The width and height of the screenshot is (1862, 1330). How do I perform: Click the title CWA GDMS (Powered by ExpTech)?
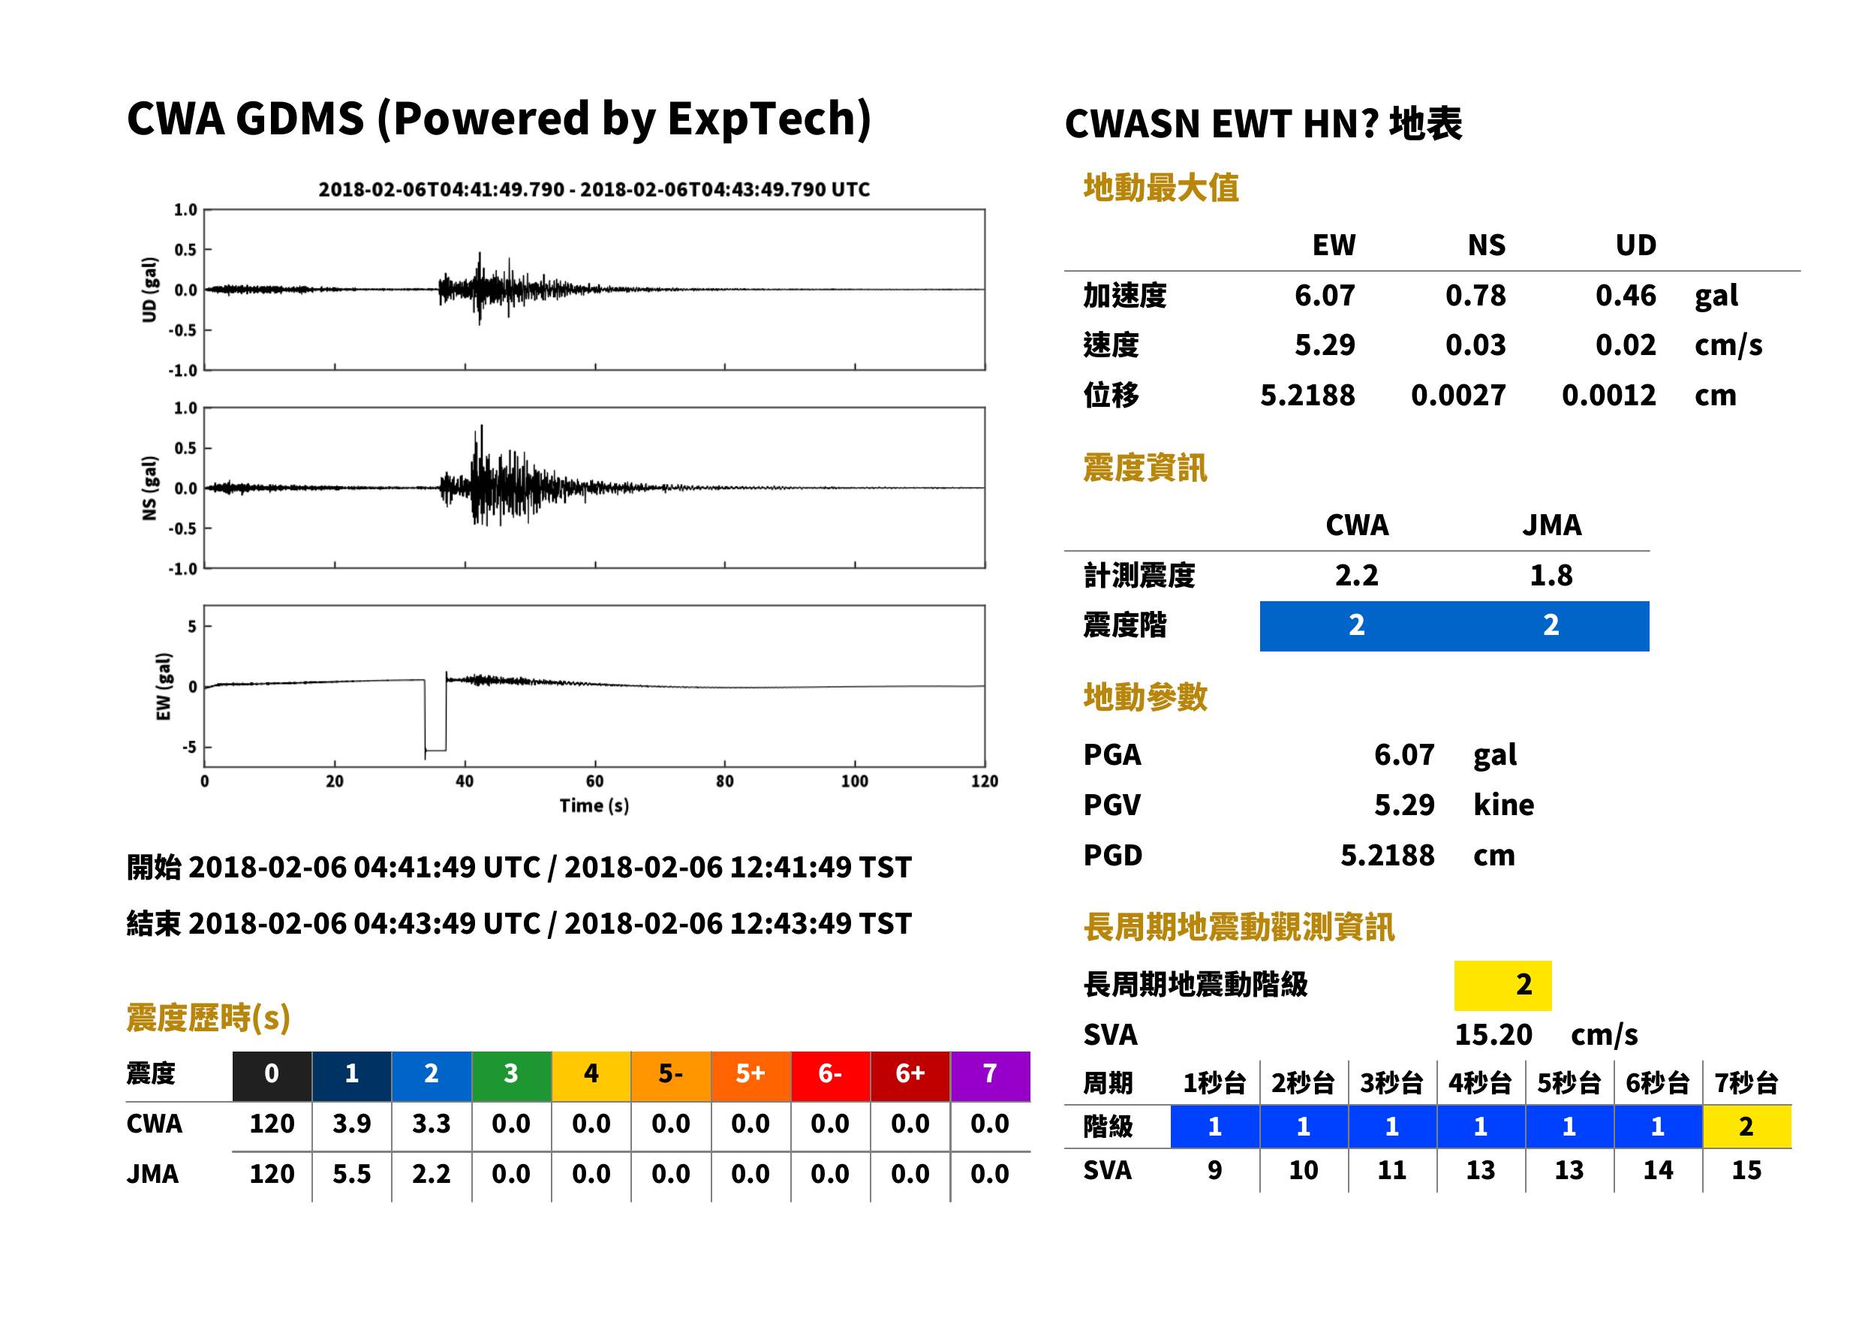tap(498, 119)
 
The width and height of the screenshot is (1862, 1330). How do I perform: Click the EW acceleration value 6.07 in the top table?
tap(1324, 296)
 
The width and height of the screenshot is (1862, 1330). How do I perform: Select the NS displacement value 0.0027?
tap(1458, 396)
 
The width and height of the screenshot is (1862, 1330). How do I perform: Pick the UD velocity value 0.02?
tap(1626, 345)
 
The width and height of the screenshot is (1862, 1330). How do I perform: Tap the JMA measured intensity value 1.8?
tap(1551, 576)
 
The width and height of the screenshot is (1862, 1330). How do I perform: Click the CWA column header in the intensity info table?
tap(1357, 525)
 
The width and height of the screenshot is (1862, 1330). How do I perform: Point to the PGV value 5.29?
tap(1404, 805)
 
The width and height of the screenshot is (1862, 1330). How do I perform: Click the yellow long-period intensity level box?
tap(1503, 985)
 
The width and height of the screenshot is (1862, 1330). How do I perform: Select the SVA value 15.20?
tap(1493, 1035)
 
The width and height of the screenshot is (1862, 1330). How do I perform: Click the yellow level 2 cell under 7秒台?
tap(1746, 1127)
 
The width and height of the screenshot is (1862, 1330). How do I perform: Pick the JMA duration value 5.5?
tap(351, 1175)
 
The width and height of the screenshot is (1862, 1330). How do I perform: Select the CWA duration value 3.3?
tap(432, 1124)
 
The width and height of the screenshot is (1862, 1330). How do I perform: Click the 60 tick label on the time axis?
tap(594, 781)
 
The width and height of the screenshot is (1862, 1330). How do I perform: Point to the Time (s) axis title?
tap(594, 806)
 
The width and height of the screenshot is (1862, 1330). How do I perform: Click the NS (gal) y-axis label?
tap(149, 488)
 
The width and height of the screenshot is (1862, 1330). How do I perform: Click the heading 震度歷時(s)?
tap(209, 1018)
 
